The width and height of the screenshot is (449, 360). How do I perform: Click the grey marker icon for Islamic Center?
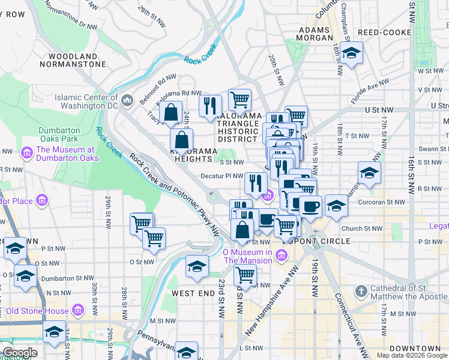point(127,99)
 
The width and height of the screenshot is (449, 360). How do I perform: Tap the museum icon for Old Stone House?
point(78,310)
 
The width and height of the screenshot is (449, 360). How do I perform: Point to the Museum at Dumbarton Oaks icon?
point(27,154)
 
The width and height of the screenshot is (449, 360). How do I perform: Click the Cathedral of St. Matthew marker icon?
point(361,292)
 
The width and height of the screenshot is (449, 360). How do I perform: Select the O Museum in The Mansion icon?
point(281,257)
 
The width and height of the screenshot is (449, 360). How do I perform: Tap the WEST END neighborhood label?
point(193,293)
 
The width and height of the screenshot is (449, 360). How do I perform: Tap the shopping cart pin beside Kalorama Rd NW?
point(240,99)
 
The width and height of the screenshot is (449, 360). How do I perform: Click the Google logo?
point(20,353)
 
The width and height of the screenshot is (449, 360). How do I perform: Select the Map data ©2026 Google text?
point(412,355)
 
